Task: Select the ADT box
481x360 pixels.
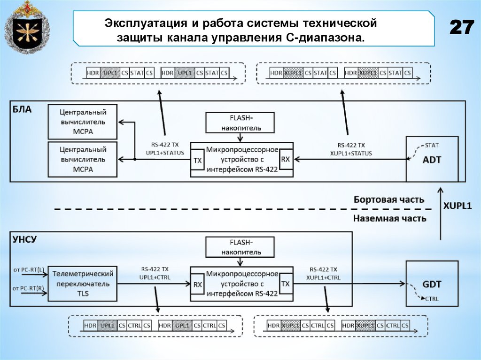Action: tap(432, 159)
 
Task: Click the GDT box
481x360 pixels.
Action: tap(432, 283)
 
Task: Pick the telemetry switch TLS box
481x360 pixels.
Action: tap(83, 283)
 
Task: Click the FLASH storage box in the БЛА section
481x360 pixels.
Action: tap(239, 122)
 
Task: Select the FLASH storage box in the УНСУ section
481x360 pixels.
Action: tap(240, 247)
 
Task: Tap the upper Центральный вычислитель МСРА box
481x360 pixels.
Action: tap(83, 122)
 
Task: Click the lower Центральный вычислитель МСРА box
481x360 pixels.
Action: tap(83, 159)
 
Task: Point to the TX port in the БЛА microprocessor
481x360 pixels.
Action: tap(198, 160)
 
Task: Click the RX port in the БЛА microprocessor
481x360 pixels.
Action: tap(285, 160)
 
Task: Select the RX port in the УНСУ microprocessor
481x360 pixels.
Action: tap(198, 284)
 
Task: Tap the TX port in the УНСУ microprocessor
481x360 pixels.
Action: tap(285, 284)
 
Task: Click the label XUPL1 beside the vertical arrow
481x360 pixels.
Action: tap(458, 206)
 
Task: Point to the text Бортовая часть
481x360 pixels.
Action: tap(389, 199)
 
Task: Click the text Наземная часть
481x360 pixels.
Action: tap(390, 218)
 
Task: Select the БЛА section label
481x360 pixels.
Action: tap(22, 109)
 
